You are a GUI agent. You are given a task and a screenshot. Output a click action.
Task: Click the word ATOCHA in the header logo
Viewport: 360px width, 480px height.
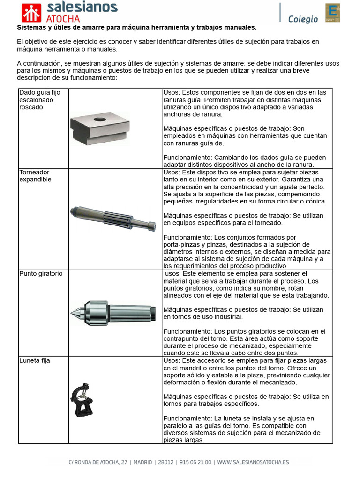pos(63,19)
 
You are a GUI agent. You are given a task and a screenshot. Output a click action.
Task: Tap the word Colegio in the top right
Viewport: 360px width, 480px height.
pos(303,19)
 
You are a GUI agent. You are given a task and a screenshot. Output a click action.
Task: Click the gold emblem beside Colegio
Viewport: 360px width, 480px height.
pos(332,13)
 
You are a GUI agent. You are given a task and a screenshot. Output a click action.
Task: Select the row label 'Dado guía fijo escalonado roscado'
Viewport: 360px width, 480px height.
pos(37,100)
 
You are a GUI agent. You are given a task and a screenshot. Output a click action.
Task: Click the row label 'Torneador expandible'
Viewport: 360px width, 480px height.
pos(35,176)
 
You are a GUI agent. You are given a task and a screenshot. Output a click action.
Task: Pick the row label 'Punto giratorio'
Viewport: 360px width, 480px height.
pos(41,273)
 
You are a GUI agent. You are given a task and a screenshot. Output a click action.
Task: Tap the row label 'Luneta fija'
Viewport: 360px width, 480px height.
pos(35,361)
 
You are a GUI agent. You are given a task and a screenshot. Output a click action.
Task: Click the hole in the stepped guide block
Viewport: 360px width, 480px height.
pos(100,120)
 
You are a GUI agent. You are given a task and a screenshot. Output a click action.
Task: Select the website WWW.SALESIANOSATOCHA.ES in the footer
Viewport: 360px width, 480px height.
pos(253,462)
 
